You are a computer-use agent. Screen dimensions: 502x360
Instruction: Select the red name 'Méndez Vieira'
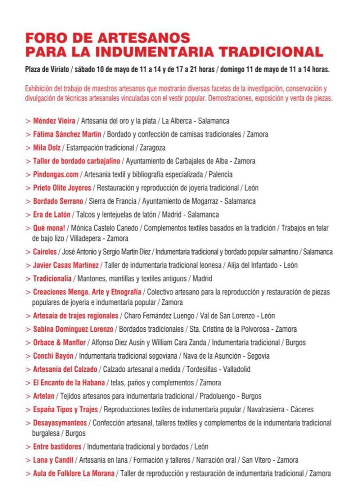54,121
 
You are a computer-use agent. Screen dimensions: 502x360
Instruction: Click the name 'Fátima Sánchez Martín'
67,134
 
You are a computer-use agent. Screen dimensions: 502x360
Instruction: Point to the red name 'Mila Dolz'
47,147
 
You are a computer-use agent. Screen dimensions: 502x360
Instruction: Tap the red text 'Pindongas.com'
55,174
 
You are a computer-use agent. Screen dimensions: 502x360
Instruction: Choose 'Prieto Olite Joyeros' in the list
62,187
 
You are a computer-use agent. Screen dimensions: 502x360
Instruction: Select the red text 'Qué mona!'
50,228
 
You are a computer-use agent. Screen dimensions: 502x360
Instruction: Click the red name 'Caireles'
45,252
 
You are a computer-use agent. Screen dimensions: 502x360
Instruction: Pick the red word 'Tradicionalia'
52,279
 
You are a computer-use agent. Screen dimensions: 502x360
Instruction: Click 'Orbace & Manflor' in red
59,343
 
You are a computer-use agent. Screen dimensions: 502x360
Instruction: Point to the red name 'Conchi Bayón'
53,356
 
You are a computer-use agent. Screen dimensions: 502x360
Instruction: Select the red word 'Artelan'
44,396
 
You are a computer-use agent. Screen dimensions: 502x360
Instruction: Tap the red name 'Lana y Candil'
53,460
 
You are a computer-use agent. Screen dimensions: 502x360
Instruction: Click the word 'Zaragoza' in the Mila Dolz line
152,147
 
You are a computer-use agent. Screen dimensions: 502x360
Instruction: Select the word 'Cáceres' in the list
301,409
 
